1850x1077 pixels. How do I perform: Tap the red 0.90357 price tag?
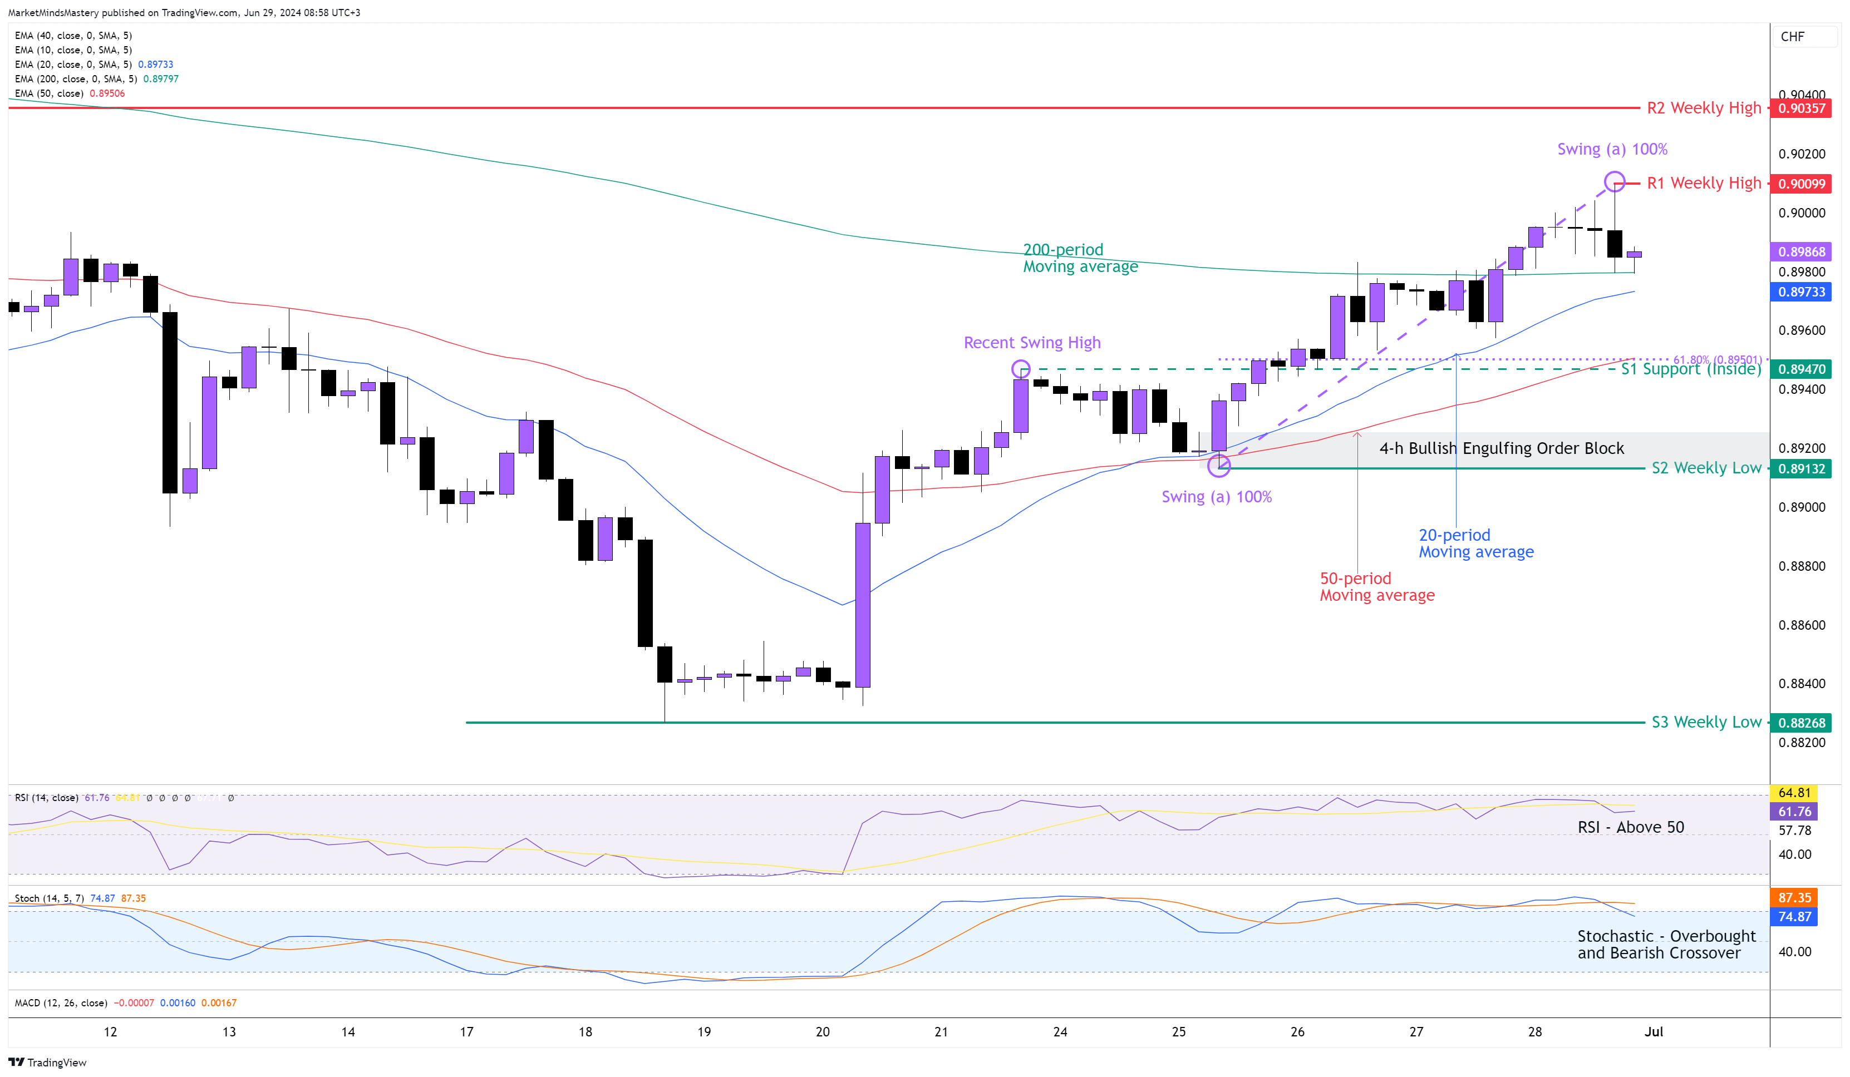pyautogui.click(x=1802, y=108)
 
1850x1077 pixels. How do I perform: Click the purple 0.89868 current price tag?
pyautogui.click(x=1802, y=251)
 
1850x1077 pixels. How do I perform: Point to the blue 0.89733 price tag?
pyautogui.click(x=1802, y=292)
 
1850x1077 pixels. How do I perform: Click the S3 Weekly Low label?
pyautogui.click(x=1706, y=722)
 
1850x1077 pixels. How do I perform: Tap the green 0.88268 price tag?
pyautogui.click(x=1802, y=723)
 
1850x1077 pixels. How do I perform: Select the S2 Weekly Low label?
pyautogui.click(x=1706, y=467)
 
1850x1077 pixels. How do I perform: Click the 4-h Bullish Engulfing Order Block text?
pyautogui.click(x=1501, y=448)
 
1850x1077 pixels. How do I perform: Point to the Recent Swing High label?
pyautogui.click(x=1031, y=343)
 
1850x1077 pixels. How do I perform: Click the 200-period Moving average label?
pyautogui.click(x=1080, y=258)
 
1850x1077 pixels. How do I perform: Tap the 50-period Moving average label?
pyautogui.click(x=1376, y=587)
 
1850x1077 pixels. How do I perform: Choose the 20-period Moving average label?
pyautogui.click(x=1475, y=544)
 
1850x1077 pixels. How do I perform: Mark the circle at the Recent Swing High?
pyautogui.click(x=1020, y=368)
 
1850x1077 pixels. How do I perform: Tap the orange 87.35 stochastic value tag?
pyautogui.click(x=1794, y=897)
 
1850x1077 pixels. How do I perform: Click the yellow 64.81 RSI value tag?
pyautogui.click(x=1794, y=792)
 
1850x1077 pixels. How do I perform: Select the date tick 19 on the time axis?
pyautogui.click(x=704, y=1031)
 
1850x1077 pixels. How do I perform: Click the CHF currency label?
pyautogui.click(x=1792, y=37)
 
